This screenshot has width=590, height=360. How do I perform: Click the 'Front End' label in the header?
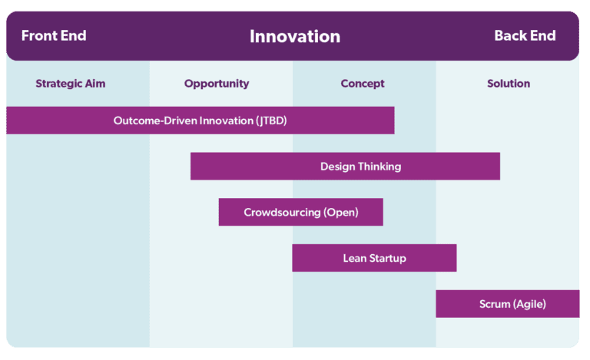(x=54, y=36)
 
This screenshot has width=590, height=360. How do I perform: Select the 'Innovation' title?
(x=295, y=36)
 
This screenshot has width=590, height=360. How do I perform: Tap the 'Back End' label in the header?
(x=525, y=36)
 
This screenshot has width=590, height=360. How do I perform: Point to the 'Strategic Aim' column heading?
(x=70, y=84)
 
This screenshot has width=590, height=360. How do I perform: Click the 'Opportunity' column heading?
(x=217, y=84)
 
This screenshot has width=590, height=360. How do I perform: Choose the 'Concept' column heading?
(x=363, y=84)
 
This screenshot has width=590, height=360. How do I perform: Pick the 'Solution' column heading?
(x=509, y=84)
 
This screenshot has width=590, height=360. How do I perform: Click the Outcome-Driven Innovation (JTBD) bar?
(x=200, y=121)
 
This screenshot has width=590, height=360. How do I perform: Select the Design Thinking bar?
(x=345, y=167)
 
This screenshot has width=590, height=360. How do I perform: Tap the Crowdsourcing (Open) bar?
(x=300, y=212)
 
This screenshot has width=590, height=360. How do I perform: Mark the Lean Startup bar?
(x=374, y=258)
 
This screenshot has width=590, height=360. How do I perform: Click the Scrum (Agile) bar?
(x=508, y=304)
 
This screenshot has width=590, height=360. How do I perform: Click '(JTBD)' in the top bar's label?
(x=271, y=121)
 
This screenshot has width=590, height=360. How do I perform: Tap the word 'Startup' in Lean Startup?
(x=387, y=258)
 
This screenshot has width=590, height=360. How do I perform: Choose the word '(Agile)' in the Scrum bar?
(x=530, y=304)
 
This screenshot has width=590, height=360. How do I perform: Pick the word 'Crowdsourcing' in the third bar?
(x=282, y=212)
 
